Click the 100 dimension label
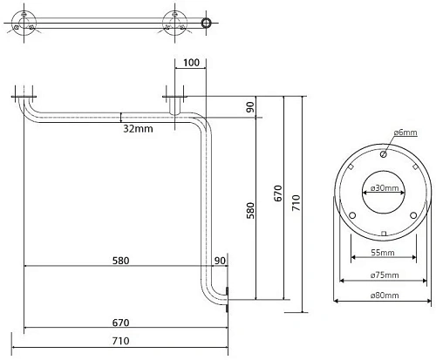(192, 63)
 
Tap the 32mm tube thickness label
(138, 128)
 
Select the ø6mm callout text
(405, 132)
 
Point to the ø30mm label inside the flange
(385, 188)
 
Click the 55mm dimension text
(383, 253)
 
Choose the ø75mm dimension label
(385, 275)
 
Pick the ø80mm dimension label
(385, 295)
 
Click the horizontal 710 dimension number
(120, 341)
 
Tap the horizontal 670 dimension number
(120, 323)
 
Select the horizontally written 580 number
(120, 261)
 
